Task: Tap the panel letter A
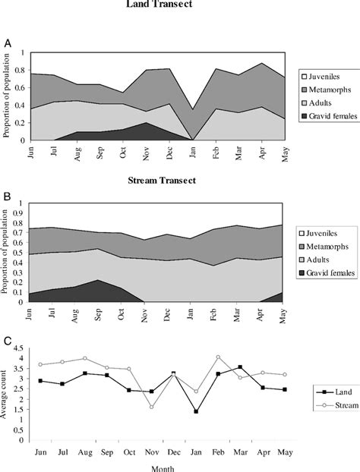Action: [7, 44]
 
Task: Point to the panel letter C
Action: [7, 343]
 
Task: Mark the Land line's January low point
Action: [196, 411]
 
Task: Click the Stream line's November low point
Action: [152, 407]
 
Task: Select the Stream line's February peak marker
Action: [218, 357]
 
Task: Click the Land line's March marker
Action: [240, 367]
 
